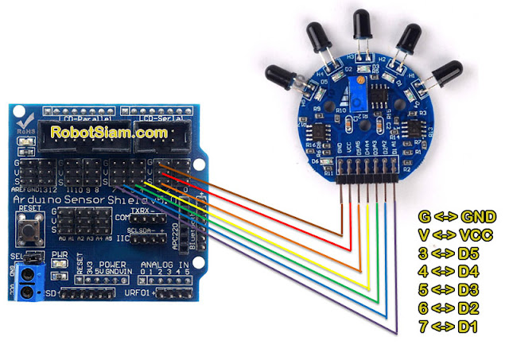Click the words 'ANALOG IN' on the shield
click(166, 265)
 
